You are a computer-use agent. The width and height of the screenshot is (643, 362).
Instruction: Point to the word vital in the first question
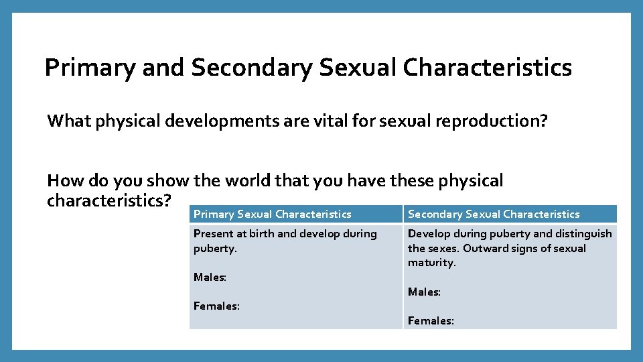click(x=285, y=121)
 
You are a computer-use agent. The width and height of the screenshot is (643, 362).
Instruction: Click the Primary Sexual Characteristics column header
click(x=272, y=215)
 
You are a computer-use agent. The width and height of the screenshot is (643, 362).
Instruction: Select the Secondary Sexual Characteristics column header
click(x=494, y=215)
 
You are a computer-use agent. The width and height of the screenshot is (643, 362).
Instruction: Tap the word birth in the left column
click(x=259, y=234)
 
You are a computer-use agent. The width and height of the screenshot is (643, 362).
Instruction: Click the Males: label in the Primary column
click(x=209, y=277)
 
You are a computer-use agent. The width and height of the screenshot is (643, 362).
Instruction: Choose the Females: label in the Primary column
click(x=216, y=306)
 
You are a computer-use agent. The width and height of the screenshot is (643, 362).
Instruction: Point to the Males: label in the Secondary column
click(x=424, y=292)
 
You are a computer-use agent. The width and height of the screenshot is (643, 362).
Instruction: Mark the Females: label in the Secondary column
click(x=431, y=321)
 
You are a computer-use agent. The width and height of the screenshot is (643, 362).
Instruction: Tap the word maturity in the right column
click(x=431, y=263)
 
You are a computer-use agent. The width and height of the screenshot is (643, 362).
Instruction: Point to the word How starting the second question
click(x=62, y=181)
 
